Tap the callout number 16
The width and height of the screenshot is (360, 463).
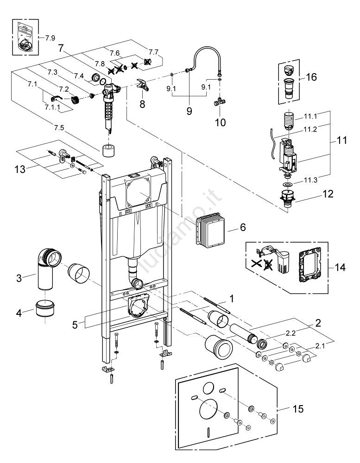coord(311,77)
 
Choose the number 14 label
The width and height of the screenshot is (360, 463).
coord(340,267)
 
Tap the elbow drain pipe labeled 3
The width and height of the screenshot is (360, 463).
coord(46,271)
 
